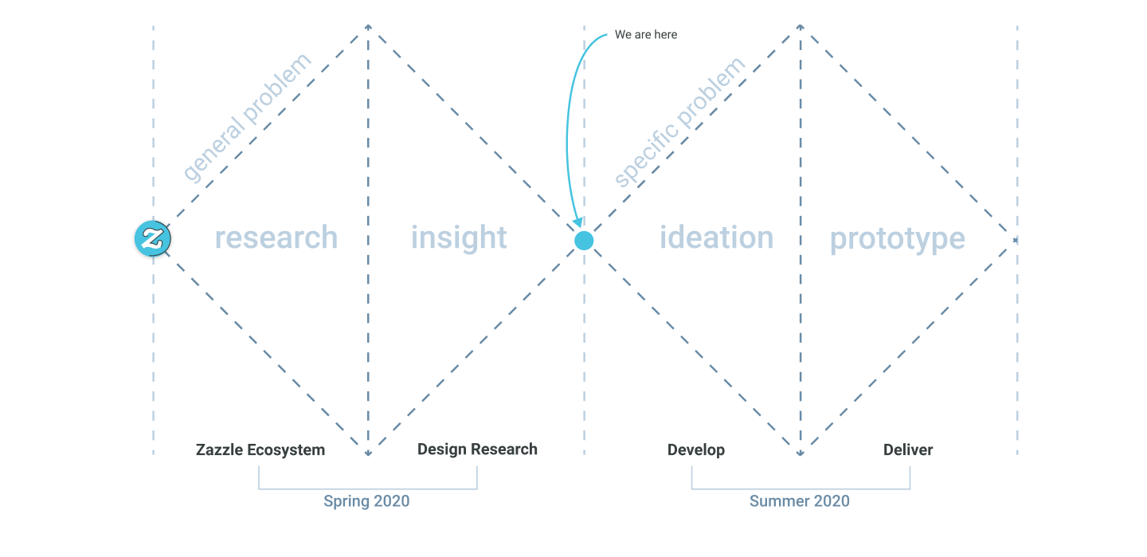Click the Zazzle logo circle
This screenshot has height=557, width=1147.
(153, 238)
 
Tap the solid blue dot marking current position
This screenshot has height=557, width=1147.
(584, 241)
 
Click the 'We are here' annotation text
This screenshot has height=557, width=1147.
(646, 34)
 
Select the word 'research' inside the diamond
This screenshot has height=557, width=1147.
(276, 237)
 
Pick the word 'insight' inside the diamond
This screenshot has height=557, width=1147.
(459, 237)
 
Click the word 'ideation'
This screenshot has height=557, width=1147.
(716, 237)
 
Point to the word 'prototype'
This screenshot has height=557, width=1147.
(897, 239)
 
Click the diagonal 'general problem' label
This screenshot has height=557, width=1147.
(247, 117)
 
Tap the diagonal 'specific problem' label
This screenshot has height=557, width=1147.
(679, 122)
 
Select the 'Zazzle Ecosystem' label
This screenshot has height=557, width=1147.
(260, 450)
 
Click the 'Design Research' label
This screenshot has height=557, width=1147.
(477, 449)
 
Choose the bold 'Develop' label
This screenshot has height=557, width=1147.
(696, 450)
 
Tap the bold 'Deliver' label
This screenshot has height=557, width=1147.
(908, 450)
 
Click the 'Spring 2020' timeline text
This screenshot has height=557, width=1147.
(366, 500)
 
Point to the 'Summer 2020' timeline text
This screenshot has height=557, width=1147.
(800, 500)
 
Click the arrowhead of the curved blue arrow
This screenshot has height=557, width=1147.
(578, 222)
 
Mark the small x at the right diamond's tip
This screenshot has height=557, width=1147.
(1015, 241)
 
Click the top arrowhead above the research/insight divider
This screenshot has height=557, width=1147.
(368, 26)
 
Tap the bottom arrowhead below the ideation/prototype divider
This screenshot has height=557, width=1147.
(800, 453)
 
